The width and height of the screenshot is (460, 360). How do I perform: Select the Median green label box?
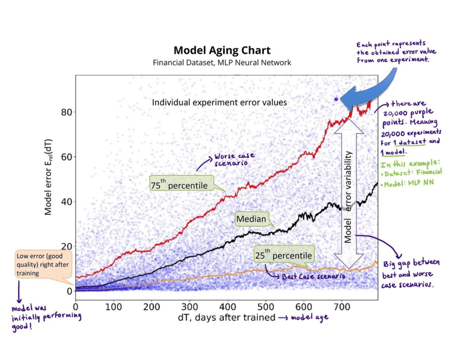(251, 219)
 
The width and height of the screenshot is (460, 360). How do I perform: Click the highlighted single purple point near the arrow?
(336, 99)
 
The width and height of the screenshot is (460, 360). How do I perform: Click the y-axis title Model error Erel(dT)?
(48, 182)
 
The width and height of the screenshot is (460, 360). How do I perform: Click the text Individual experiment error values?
(206, 102)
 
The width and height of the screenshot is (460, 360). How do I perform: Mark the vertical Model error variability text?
(349, 196)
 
